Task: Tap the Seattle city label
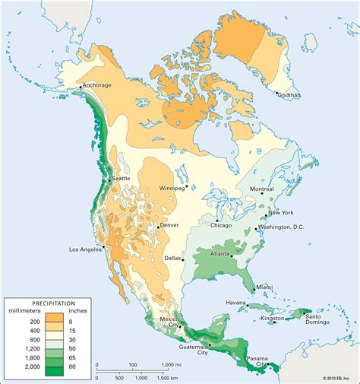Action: click(x=120, y=179)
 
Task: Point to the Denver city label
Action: click(x=170, y=226)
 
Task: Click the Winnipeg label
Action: click(x=171, y=187)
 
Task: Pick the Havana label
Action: click(x=235, y=303)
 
